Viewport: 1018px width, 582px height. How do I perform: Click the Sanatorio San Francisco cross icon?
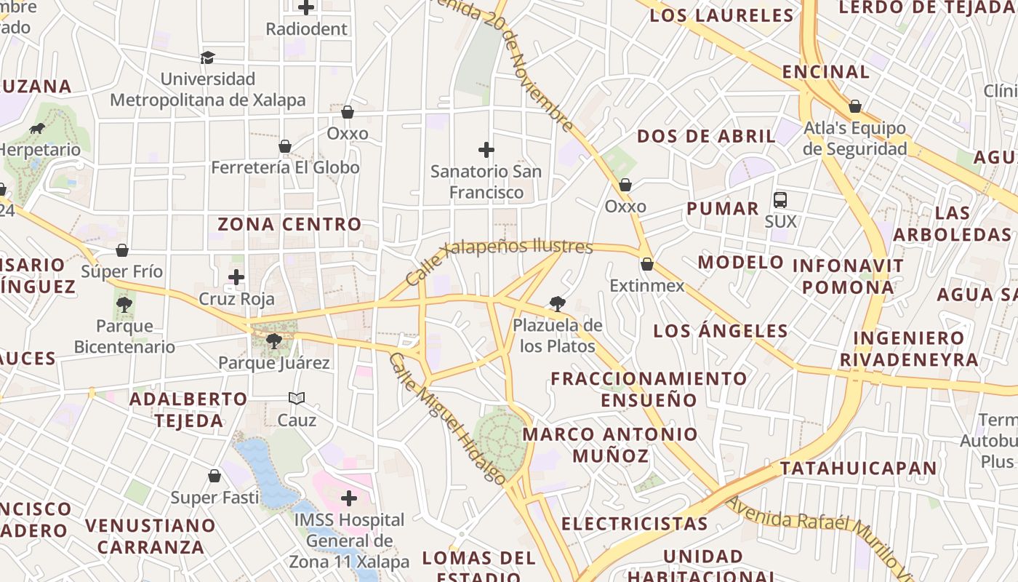(486, 151)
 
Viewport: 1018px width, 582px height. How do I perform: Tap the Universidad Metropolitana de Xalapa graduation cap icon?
(208, 57)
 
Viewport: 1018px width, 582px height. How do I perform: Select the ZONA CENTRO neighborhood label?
(289, 224)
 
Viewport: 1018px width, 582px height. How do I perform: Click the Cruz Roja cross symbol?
(236, 277)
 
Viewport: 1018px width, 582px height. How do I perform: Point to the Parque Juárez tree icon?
(274, 340)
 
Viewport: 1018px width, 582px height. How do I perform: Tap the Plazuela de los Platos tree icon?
(558, 303)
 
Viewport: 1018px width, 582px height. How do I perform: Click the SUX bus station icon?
(780, 199)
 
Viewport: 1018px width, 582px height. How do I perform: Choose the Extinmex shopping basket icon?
(646, 264)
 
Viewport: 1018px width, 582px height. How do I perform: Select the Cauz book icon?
(297, 398)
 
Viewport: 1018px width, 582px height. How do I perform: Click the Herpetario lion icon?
(37, 129)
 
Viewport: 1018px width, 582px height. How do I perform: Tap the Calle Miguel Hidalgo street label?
(446, 419)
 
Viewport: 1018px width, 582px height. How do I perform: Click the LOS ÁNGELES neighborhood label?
(720, 331)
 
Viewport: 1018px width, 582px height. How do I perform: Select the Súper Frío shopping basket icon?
(122, 250)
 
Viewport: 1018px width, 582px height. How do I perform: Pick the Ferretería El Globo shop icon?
(285, 146)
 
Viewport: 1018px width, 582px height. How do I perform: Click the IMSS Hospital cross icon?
(349, 498)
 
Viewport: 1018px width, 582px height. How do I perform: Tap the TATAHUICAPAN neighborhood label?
(859, 468)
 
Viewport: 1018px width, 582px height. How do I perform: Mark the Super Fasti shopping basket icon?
(215, 476)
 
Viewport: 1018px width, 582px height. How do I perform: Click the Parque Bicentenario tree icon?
(124, 304)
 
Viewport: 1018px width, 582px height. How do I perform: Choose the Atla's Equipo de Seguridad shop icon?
(855, 107)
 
